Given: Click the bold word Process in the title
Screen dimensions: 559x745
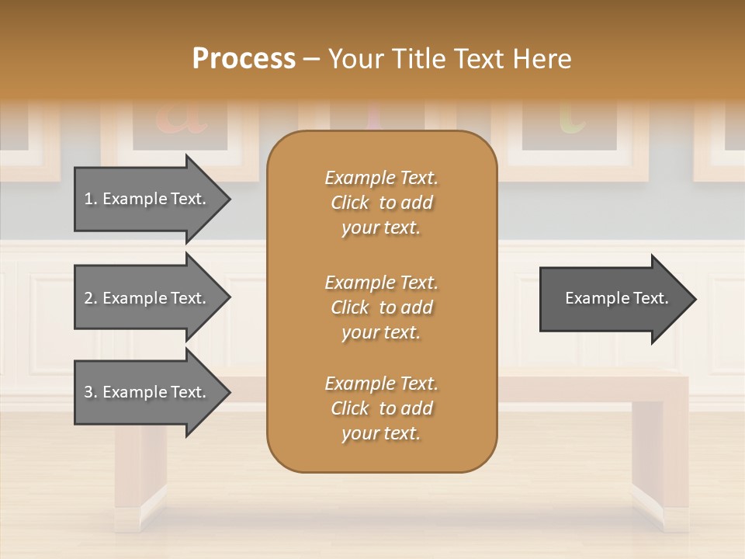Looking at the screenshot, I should coord(244,59).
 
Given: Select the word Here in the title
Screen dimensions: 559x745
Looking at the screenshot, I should coord(540,59).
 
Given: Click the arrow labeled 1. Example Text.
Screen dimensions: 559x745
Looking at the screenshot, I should coord(147,199).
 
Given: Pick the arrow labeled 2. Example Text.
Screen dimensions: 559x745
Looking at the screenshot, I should coord(147,298).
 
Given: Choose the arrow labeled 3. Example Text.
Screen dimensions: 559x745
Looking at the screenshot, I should coord(147,392).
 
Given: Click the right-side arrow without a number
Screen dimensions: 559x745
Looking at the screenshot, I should coord(613,298).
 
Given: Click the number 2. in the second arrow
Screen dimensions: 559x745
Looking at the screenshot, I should coord(91,298).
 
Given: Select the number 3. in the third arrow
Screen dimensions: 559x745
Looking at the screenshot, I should coord(91,392).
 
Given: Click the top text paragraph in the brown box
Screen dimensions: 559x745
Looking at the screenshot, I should coord(381,203).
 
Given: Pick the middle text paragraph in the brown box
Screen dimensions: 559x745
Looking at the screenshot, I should coord(381,307).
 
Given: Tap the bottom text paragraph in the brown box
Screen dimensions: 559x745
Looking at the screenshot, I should coord(381,408).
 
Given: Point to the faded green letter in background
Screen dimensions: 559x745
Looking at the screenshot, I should coord(572,116).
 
